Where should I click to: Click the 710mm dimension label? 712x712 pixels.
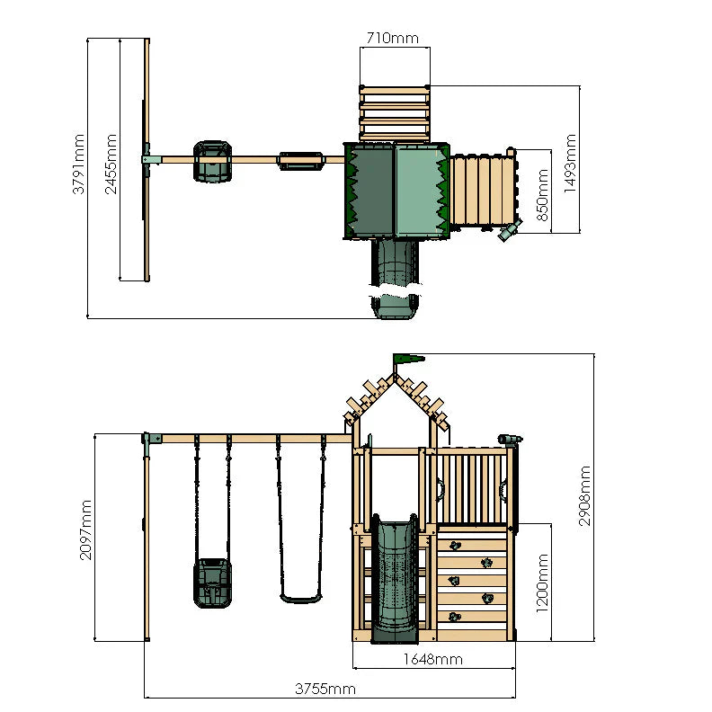(393, 39)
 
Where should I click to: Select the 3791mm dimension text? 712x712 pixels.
(80, 164)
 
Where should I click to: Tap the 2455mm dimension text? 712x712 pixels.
(111, 164)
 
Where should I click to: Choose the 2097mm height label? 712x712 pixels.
(85, 530)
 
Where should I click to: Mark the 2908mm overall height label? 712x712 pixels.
(585, 495)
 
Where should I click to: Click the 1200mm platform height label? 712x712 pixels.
(543, 582)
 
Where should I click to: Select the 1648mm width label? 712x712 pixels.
(433, 659)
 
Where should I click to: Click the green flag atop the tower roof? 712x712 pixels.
(407, 360)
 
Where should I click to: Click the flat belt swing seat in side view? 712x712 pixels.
(300, 597)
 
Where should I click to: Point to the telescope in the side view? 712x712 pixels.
(509, 440)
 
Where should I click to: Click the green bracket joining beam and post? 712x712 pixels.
(149, 439)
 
